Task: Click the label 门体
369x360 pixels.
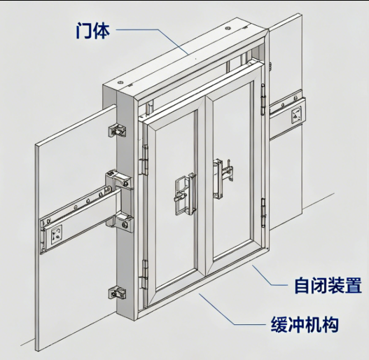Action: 93,30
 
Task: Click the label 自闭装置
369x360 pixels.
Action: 328,285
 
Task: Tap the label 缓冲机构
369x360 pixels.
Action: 305,324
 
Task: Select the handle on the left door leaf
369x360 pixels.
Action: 186,194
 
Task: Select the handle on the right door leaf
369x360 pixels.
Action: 222,178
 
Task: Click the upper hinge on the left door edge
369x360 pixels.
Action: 144,160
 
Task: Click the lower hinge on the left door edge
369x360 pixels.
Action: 144,275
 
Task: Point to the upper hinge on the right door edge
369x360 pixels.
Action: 263,99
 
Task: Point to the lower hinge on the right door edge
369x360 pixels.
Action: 263,213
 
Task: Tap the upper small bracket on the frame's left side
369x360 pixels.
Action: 117,131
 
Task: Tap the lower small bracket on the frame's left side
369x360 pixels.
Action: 117,293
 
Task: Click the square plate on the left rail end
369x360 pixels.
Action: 57,234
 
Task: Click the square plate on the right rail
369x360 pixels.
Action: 296,115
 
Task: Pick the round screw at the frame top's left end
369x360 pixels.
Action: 121,83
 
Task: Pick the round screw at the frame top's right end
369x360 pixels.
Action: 228,28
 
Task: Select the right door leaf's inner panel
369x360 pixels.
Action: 232,169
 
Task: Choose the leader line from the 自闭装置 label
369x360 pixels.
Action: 268,276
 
